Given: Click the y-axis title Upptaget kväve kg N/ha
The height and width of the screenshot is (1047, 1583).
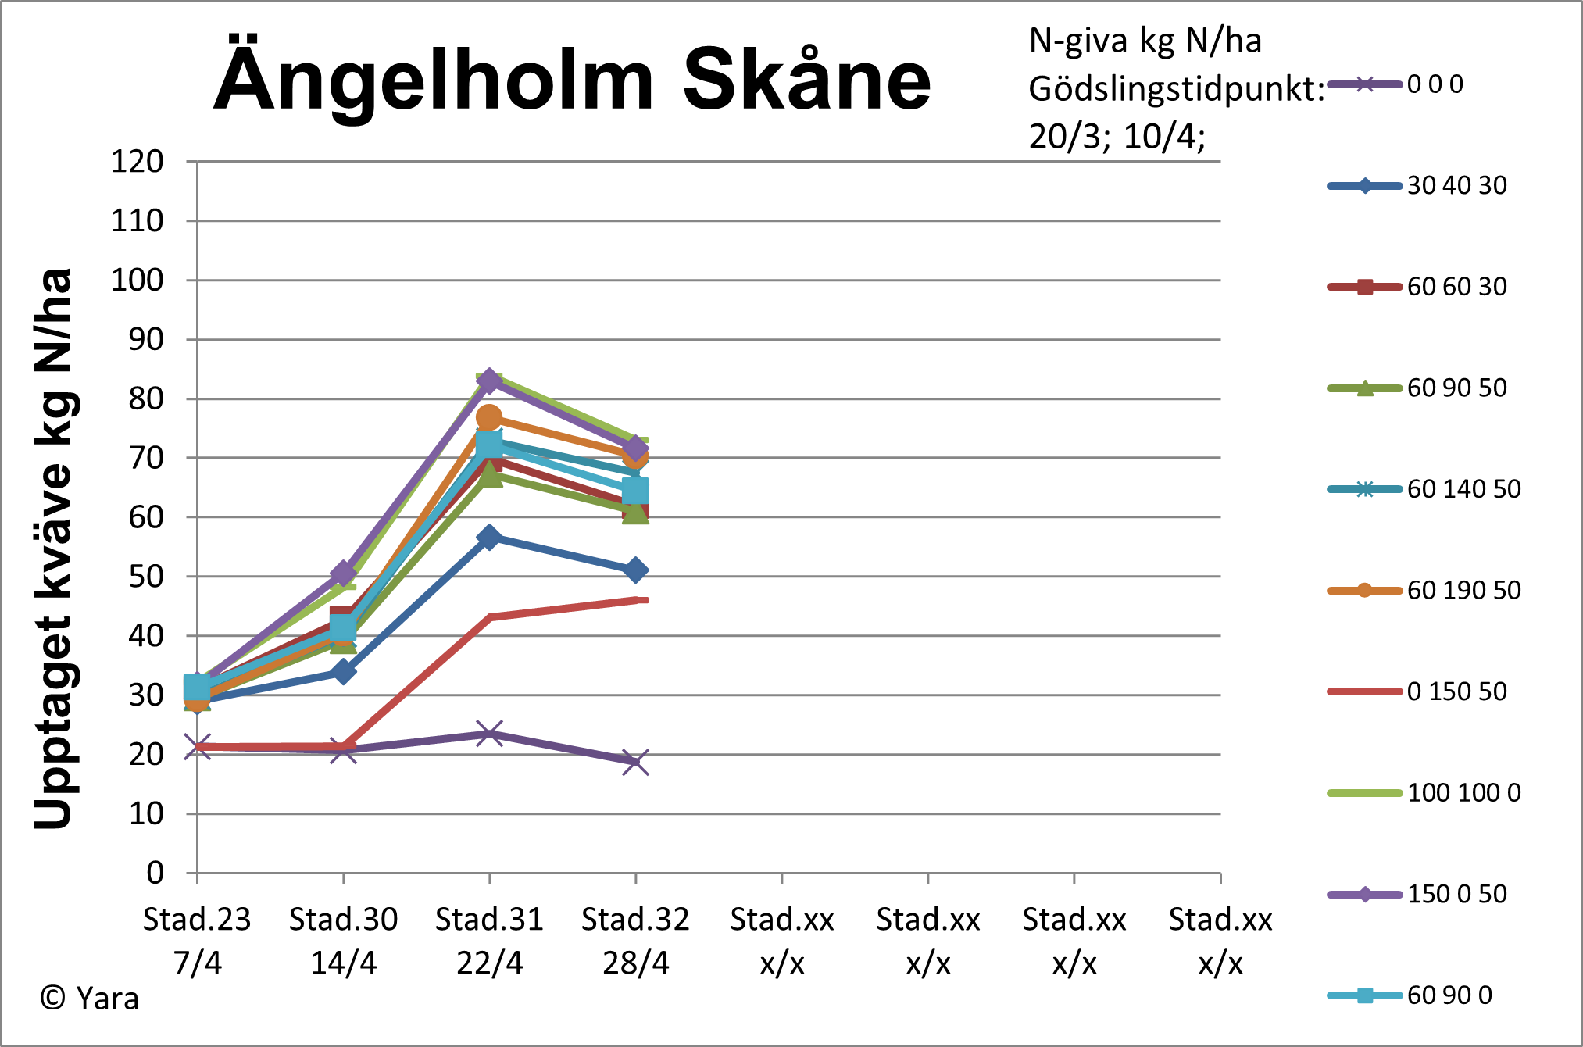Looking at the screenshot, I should tap(53, 547).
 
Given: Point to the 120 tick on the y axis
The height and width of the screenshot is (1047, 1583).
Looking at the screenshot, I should tap(138, 162).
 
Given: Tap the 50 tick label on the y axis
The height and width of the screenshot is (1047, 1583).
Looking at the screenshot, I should tap(146, 577).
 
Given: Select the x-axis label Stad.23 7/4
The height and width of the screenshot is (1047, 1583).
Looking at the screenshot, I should tap(197, 941).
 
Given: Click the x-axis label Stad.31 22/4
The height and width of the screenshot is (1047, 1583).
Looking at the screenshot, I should tap(489, 941).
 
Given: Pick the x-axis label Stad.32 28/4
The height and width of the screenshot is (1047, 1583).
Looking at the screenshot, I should tap(635, 941).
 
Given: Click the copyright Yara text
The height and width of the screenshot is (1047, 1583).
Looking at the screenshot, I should tap(90, 999).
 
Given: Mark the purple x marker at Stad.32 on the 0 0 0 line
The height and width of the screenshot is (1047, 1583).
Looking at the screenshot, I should tap(635, 762).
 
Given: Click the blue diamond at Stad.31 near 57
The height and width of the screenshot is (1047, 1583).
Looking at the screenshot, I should tap(489, 537).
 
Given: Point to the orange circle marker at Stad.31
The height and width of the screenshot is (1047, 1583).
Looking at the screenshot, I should tap(489, 418).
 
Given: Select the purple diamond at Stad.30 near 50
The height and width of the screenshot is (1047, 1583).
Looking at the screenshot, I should tap(343, 574).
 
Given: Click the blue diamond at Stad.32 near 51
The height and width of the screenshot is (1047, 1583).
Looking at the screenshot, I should tap(635, 570).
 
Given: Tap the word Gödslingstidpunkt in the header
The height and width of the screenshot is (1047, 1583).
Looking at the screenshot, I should tap(1176, 89).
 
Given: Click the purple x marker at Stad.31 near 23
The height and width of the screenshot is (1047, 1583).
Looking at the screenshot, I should tap(489, 734).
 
